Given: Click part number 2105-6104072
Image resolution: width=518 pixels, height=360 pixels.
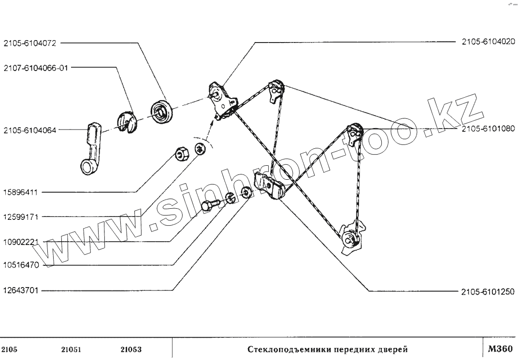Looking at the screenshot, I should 29,43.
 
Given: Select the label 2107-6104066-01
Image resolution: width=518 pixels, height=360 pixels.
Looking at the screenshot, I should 36,68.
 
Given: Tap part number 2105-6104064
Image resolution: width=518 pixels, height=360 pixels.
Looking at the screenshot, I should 29,130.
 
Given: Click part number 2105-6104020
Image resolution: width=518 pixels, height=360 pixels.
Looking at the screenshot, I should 488,43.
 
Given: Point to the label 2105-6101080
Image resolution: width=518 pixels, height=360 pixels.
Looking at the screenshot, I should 488,130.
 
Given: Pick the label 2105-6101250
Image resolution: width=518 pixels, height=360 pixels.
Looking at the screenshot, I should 488,291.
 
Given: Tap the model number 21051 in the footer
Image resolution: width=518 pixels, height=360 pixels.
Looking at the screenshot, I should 71,349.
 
